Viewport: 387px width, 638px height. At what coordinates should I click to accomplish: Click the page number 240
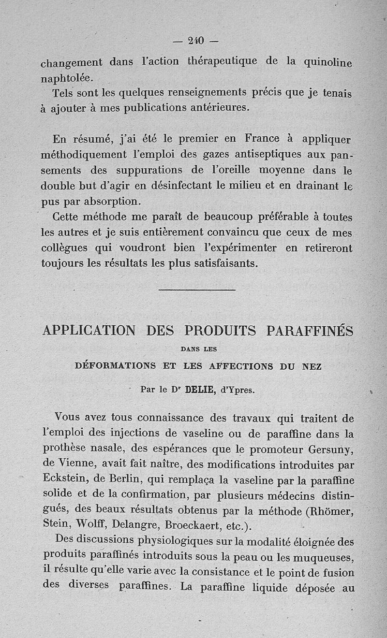click(195, 41)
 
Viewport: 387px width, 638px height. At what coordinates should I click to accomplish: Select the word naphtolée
click(67, 77)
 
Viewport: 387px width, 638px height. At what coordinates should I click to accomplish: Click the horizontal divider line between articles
click(197, 290)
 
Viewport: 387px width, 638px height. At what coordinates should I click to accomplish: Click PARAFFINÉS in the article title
click(310, 331)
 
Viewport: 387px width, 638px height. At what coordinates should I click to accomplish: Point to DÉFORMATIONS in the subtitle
click(115, 366)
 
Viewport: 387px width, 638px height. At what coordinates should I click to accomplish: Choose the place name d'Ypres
click(237, 390)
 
